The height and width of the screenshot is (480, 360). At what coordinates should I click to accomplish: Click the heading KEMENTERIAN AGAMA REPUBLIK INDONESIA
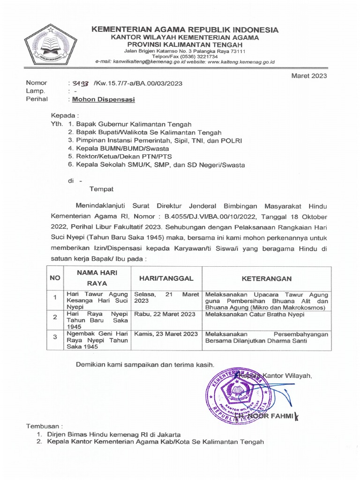(x=185, y=30)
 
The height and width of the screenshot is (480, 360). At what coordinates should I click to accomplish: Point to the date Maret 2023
(x=310, y=75)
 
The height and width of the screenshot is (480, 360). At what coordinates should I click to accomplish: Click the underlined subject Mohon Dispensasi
(x=102, y=99)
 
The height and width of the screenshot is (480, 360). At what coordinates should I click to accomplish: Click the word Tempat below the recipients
(x=101, y=189)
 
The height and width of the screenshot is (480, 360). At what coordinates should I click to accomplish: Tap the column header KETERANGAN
(x=267, y=278)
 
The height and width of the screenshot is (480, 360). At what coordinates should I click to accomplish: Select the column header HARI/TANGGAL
(x=167, y=278)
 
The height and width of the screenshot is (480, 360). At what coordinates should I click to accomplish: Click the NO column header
(x=55, y=278)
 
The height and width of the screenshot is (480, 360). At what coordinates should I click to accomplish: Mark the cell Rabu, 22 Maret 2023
(x=165, y=314)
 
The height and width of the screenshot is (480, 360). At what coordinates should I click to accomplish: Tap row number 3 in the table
(x=55, y=337)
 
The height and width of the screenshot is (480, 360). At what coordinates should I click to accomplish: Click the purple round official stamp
(x=238, y=393)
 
